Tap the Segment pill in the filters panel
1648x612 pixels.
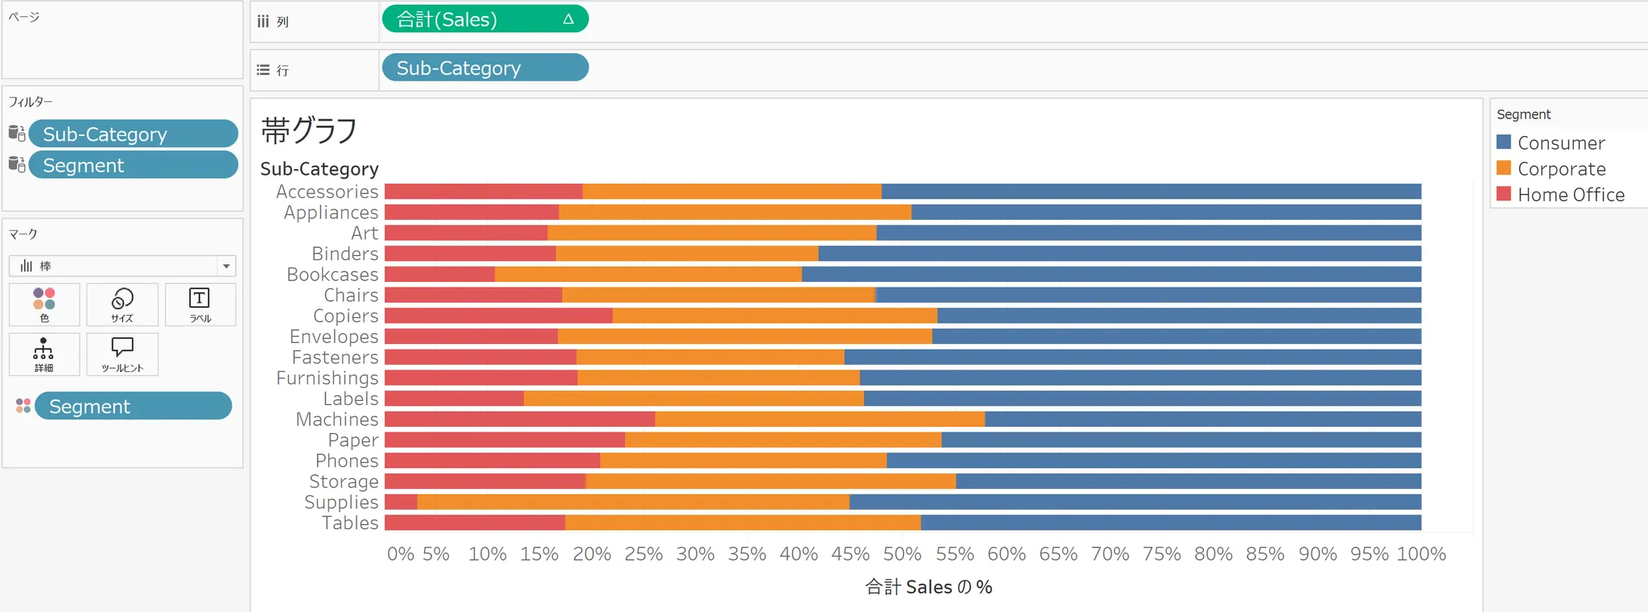133,165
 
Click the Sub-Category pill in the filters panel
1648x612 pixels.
133,134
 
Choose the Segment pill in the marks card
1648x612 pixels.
133,406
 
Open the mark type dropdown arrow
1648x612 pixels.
226,266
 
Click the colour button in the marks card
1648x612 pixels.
44,304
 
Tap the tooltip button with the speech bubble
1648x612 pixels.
122,354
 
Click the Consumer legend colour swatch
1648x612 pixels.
1503,143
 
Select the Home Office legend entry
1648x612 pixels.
1570,195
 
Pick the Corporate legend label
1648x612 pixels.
1561,169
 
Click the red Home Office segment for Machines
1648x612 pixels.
519,420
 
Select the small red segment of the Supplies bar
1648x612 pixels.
401,502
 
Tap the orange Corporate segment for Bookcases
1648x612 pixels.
648,275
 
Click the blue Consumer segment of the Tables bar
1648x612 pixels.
1171,523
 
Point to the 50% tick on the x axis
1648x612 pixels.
902,554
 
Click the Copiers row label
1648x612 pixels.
345,316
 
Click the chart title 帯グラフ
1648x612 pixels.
309,130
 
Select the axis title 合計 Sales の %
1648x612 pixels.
929,587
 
